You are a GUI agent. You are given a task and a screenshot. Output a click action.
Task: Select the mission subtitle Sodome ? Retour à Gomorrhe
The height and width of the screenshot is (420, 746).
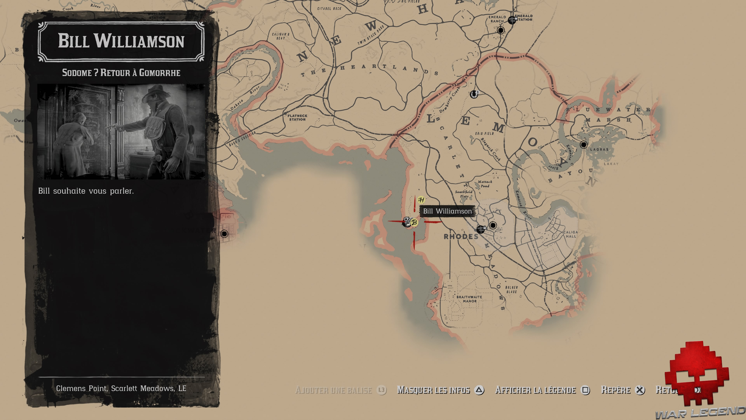(121, 73)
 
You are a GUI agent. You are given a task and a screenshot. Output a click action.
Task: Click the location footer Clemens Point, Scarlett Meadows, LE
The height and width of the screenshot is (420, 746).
(121, 388)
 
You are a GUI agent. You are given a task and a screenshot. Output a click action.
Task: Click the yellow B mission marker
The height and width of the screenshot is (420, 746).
(414, 222)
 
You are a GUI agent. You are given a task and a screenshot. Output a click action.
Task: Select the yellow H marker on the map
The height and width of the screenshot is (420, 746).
(421, 200)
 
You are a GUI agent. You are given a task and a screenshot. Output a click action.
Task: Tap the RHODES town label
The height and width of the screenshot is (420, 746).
(461, 236)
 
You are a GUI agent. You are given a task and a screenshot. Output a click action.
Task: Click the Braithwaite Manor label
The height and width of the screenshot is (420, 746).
(469, 299)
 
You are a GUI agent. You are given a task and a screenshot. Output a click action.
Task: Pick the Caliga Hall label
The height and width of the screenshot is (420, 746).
(571, 234)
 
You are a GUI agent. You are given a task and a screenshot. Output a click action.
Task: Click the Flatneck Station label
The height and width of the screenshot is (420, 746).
(297, 117)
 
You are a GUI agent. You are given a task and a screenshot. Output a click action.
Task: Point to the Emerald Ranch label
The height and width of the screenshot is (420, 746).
(497, 19)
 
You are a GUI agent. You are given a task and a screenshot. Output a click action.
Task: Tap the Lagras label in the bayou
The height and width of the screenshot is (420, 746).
(599, 150)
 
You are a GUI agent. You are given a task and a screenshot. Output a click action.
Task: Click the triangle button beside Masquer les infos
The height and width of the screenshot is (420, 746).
(479, 390)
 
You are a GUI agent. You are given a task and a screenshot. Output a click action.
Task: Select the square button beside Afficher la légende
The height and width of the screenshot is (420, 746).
(585, 390)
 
